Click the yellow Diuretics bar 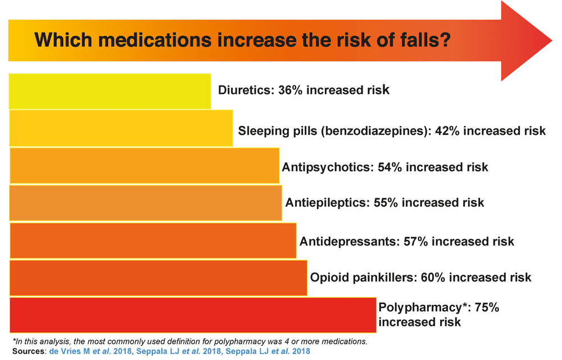pos(110,90)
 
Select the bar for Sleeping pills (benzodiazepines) pos(121,129)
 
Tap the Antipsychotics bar pos(144,166)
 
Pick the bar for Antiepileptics pos(146,203)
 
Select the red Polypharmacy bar pos(193,315)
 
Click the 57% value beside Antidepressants pos(416,241)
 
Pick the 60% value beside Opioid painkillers pos(433,277)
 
